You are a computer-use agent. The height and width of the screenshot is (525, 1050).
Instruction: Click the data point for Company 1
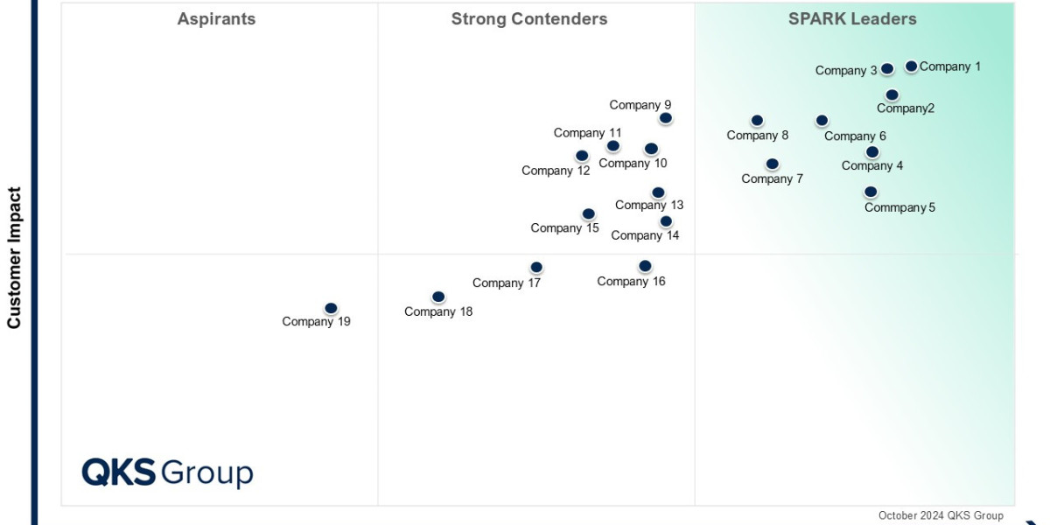pos(911,66)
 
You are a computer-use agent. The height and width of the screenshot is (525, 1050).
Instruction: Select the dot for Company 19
pos(331,308)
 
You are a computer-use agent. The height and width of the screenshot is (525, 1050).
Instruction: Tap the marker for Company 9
pos(666,118)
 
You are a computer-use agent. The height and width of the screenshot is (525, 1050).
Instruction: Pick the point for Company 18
pos(438,297)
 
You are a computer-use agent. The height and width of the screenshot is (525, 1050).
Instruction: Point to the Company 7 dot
pos(772,164)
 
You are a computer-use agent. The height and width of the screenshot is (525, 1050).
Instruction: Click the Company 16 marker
pos(645,266)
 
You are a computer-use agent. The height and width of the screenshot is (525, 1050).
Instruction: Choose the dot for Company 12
pos(582,157)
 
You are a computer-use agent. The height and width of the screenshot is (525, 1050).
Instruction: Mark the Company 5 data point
pos(871,192)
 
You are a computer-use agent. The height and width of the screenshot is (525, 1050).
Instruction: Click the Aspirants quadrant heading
pos(216,19)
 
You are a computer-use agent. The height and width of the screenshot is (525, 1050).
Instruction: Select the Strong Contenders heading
pos(529,19)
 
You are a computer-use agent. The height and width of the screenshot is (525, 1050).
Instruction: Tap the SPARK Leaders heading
pos(852,19)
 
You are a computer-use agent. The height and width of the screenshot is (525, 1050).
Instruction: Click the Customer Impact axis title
pos(14,257)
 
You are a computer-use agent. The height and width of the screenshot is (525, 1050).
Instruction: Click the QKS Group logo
pos(167,472)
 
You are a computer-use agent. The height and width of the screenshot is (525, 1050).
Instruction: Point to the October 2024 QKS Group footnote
pos(941,515)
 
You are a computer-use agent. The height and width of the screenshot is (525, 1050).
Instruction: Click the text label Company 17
pos(507,283)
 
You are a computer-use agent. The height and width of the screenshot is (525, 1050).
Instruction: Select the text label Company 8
pos(758,136)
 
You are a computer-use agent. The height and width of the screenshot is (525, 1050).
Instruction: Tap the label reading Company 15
pos(564,228)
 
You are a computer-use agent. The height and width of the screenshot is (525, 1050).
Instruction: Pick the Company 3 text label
pos(846,71)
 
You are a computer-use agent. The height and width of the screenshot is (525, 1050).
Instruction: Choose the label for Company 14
pos(645,235)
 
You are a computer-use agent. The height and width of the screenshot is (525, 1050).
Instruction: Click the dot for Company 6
pos(822,121)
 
